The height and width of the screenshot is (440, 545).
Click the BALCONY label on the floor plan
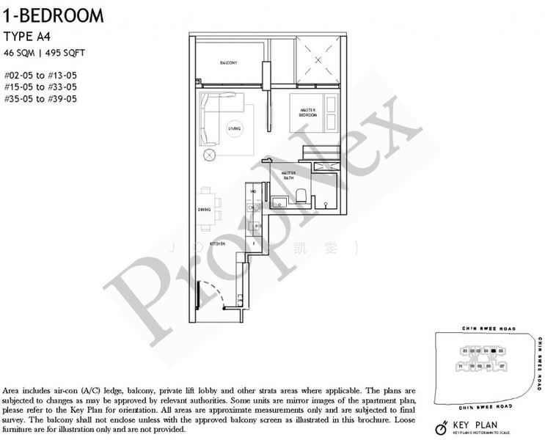tap(229, 64)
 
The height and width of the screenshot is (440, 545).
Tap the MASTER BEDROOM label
tap(308, 113)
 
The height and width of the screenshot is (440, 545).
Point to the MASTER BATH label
tap(289, 176)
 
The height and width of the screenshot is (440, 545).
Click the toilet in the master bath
tap(301, 195)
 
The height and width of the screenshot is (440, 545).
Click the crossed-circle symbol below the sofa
tap(210, 155)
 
